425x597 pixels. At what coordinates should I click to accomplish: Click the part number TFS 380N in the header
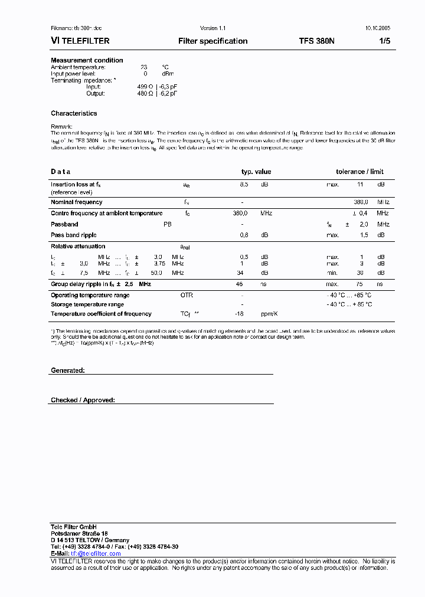[316, 41]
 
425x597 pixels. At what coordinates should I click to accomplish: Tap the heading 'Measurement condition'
[87, 60]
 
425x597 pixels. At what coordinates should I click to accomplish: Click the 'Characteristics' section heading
[74, 113]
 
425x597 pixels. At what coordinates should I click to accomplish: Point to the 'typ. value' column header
[256, 172]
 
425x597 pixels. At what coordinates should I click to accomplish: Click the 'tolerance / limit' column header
[359, 172]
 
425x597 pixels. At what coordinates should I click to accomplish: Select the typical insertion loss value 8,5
[244, 185]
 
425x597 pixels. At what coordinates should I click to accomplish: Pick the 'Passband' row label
[64, 224]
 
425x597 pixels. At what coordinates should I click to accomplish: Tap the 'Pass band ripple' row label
[73, 235]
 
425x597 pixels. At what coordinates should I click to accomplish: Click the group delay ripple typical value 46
[240, 284]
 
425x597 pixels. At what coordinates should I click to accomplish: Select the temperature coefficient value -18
[240, 314]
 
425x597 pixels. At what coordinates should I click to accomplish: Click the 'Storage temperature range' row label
[87, 304]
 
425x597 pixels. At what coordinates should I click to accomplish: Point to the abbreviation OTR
[187, 294]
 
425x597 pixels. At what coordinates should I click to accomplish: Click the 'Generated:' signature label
[68, 370]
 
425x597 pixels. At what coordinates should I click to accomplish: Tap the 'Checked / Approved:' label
[83, 400]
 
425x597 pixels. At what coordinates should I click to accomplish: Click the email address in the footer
[96, 553]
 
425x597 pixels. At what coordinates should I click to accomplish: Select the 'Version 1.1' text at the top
[213, 28]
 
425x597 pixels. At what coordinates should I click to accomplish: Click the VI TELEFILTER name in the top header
[80, 41]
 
